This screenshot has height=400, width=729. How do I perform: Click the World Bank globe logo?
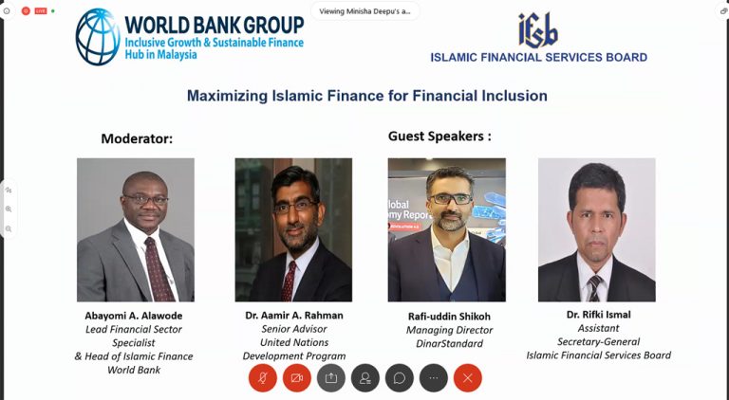coord(98,36)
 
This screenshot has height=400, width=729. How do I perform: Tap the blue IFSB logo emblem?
coord(538,30)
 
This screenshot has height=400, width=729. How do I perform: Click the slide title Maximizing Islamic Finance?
coord(366,96)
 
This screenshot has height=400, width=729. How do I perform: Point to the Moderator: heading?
coord(137,138)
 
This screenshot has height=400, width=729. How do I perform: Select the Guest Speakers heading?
coord(439,136)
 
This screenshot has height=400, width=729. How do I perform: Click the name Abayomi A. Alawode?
coord(134,316)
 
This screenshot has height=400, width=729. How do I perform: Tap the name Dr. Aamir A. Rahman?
coord(294,315)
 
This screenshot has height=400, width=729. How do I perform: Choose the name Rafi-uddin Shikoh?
coord(449,316)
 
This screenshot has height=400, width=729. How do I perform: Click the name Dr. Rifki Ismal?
coord(598,314)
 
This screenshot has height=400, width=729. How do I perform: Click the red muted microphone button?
coord(263,378)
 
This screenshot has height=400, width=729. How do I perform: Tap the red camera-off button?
coord(296,378)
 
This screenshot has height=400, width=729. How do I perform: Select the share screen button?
coord(331,378)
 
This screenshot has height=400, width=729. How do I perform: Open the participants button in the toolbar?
coord(364,378)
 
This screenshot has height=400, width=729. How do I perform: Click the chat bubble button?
coord(400,378)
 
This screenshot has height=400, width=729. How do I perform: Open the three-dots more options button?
coord(433,378)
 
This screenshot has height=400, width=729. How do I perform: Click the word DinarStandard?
coord(449,343)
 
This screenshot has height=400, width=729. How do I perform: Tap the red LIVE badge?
coord(41,10)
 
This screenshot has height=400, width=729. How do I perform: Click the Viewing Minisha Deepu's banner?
coord(364,11)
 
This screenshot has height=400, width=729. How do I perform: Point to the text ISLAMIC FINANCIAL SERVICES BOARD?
coord(538,57)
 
